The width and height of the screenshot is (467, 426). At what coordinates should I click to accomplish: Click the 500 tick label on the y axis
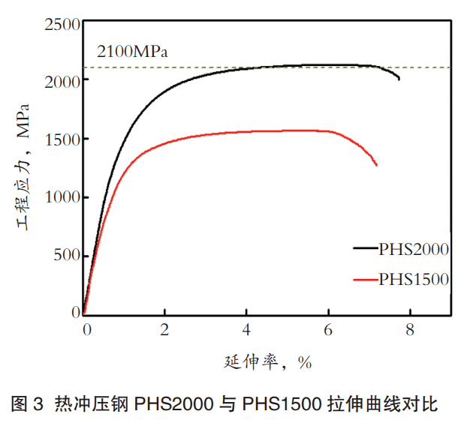pos(65,255)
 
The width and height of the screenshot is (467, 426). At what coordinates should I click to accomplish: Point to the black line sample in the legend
pos(365,247)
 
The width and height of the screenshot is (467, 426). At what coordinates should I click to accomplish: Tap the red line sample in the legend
pos(365,279)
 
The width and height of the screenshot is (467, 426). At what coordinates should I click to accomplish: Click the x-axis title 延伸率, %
pos(267,362)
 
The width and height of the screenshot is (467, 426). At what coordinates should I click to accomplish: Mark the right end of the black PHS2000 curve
pos(399,79)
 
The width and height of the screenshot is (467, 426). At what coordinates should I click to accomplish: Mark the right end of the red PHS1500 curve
pos(376,165)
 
